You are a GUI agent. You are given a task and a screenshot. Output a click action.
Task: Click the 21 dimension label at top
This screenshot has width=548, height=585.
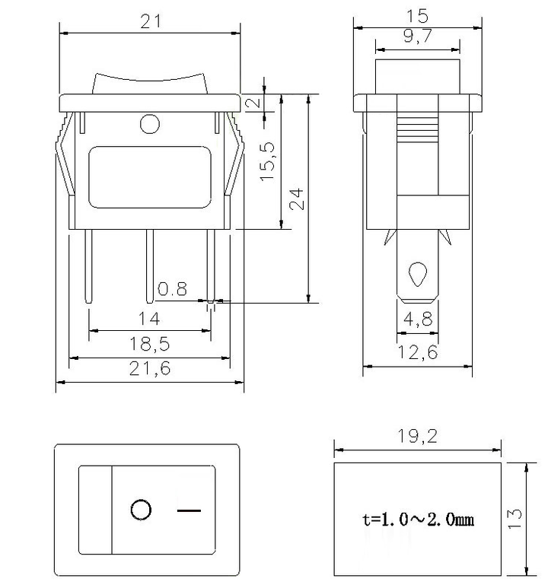(x=150, y=22)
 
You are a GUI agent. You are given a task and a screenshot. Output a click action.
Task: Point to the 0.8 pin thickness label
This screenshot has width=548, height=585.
(x=172, y=289)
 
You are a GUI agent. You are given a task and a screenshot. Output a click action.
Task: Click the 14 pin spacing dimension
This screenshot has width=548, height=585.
(x=148, y=319)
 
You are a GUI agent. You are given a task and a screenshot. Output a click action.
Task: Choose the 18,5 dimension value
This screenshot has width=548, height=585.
(x=150, y=345)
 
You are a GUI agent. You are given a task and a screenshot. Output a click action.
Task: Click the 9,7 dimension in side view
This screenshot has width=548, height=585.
(x=417, y=35)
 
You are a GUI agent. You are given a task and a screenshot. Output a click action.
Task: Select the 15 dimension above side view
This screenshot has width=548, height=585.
(x=417, y=15)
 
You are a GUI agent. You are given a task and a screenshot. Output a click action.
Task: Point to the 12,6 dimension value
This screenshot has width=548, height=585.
(x=417, y=352)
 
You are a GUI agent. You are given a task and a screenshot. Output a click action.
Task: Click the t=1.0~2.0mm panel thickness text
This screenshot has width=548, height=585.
(x=418, y=520)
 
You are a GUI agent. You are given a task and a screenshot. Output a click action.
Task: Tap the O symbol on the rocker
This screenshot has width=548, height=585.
(x=141, y=510)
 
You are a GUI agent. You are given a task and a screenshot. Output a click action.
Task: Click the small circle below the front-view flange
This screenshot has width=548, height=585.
(x=150, y=123)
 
